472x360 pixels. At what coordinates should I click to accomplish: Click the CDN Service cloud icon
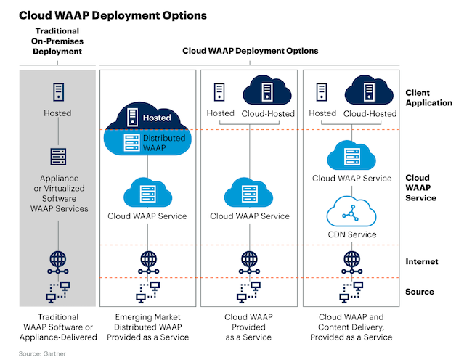(351, 213)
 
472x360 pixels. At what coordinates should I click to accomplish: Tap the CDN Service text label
(351, 234)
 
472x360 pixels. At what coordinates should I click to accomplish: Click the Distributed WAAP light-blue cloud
(147, 143)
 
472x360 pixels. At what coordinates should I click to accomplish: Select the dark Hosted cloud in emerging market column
(147, 115)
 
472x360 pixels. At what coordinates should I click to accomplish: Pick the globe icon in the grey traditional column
(57, 260)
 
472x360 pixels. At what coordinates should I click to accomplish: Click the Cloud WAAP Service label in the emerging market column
(147, 216)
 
